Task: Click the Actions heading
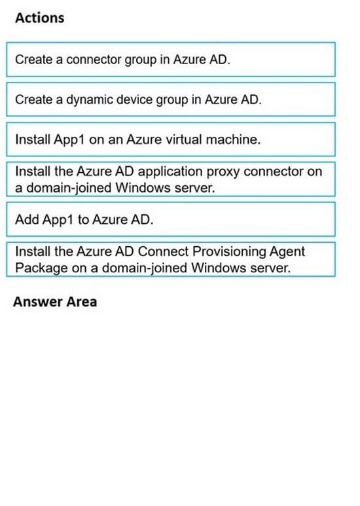tap(40, 18)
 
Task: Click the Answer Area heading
tap(55, 302)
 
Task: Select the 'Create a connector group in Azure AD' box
tap(171, 60)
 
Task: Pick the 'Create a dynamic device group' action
tap(171, 99)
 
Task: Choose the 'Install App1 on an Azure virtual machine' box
tap(171, 139)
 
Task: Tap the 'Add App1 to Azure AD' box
tap(171, 219)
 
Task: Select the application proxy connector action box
tap(171, 179)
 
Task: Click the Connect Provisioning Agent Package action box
tap(171, 259)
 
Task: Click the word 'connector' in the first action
tap(94, 60)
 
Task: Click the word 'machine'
tap(233, 139)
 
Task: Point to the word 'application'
tap(170, 172)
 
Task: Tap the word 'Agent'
tap(287, 253)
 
